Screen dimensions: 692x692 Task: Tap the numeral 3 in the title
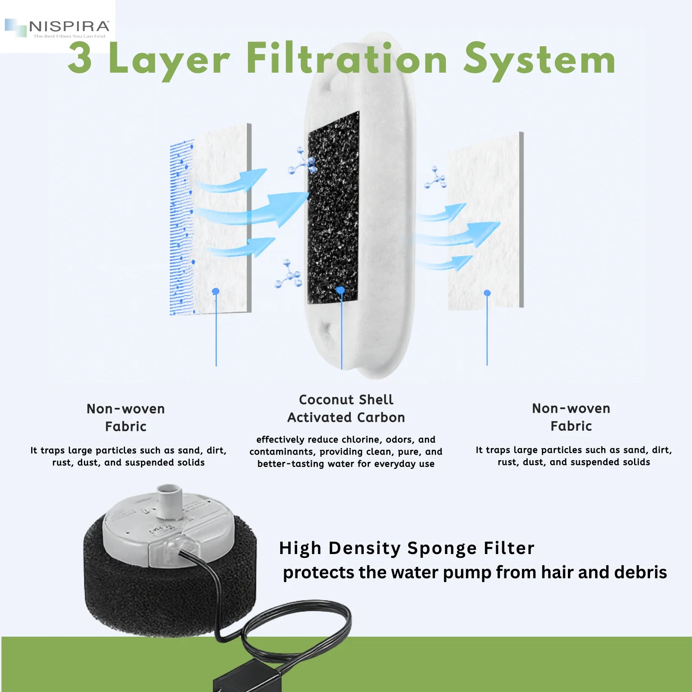(x=80, y=58)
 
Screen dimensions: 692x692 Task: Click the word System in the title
(x=539, y=60)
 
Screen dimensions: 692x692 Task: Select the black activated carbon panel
(x=333, y=208)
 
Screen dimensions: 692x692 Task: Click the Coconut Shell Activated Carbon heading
(x=346, y=408)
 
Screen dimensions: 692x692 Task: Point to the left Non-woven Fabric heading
(x=126, y=417)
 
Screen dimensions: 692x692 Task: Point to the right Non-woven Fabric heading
(x=571, y=417)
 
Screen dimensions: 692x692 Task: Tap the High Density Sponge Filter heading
(x=407, y=548)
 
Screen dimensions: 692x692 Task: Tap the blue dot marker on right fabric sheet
(x=487, y=293)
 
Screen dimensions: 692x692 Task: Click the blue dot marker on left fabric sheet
(x=216, y=292)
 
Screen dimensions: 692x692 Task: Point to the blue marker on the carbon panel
(x=340, y=290)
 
